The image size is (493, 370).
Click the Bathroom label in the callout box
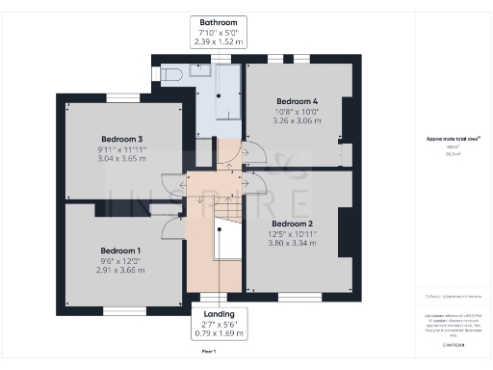click(x=218, y=21)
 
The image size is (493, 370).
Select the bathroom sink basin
click(x=201, y=70)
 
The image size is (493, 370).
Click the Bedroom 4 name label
click(x=297, y=101)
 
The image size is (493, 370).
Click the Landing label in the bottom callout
click(x=218, y=313)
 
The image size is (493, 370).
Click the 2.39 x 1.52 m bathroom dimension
click(x=218, y=42)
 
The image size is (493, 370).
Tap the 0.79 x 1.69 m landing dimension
click(x=218, y=334)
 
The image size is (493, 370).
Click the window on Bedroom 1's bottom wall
click(x=124, y=310)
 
